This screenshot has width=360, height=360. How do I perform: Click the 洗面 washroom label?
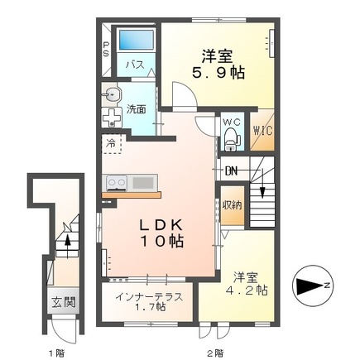137,108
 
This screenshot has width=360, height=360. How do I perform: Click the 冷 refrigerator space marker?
110,143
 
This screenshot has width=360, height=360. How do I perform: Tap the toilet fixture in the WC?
232,137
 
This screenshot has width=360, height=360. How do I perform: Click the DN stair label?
233,171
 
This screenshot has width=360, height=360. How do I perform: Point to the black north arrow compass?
312,286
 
